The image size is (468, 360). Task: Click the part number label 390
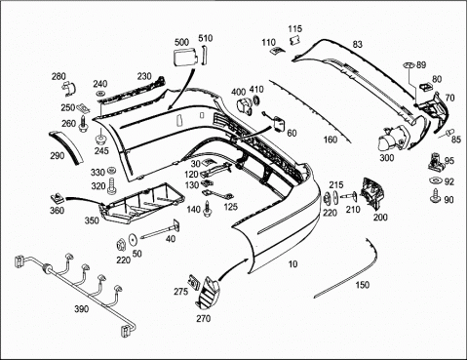point(81,308)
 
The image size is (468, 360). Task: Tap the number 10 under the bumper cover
point(293,263)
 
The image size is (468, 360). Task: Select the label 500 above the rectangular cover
point(181,42)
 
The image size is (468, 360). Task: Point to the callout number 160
point(331,140)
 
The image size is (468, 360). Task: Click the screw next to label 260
point(84,125)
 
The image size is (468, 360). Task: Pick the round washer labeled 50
point(133,240)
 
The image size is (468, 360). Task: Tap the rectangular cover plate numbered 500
point(184,58)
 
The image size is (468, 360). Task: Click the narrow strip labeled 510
point(205,56)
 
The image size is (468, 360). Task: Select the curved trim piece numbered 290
point(66,147)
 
